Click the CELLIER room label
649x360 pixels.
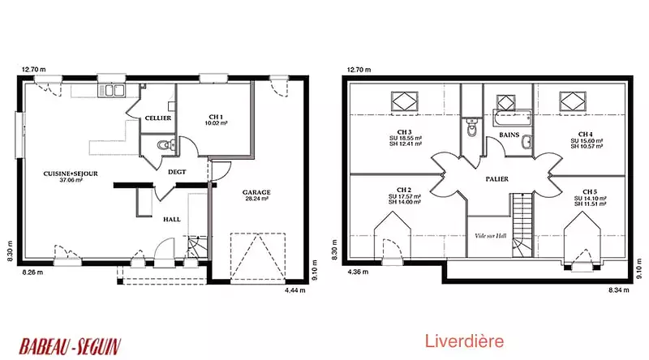[157, 118]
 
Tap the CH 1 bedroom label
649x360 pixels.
[216, 117]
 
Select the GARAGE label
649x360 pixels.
[256, 192]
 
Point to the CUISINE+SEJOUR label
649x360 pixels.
[71, 174]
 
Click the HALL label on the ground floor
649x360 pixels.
[172, 219]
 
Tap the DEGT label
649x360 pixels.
[177, 172]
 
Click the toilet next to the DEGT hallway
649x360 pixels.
[165, 145]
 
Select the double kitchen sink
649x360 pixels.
[111, 90]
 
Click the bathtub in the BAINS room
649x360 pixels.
[512, 118]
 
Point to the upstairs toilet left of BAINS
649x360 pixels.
[471, 127]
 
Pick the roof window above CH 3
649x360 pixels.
[404, 101]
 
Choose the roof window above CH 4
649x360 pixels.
[573, 101]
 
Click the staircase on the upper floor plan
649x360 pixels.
[522, 225]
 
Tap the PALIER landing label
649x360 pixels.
[496, 179]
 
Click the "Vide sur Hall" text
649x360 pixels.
[491, 236]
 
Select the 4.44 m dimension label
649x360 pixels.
[294, 290]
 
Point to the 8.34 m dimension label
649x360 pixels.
[618, 290]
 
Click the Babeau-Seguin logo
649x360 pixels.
[70, 346]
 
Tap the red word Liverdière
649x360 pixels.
[464, 341]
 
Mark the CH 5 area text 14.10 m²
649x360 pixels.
[591, 198]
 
